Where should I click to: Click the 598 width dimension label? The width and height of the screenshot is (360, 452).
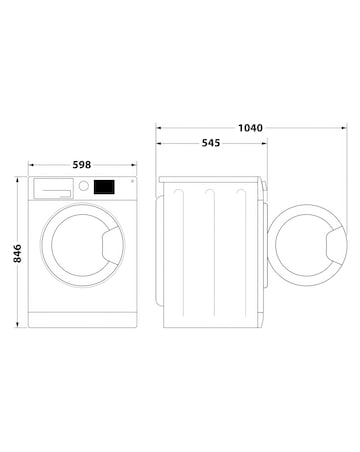83,163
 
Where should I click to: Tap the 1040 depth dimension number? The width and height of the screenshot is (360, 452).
252,129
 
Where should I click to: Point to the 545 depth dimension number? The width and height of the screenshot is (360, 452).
212,143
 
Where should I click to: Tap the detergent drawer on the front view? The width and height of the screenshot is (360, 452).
53,187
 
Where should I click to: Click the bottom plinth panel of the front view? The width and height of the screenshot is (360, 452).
83,318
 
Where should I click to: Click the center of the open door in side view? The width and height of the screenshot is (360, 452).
308,247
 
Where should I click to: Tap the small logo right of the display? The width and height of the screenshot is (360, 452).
127,183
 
